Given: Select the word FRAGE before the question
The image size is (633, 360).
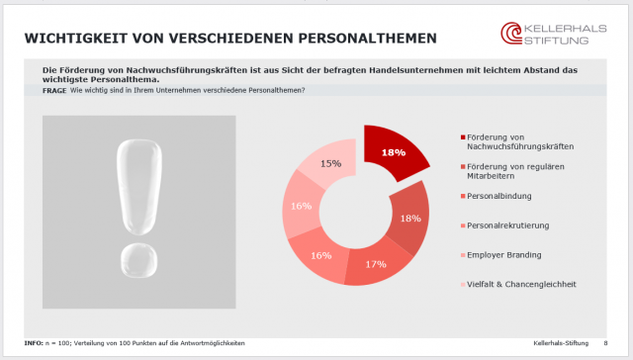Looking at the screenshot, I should [x=54, y=90].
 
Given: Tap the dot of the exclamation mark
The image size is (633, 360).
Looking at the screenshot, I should [x=138, y=262].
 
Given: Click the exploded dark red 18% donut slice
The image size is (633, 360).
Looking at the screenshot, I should [x=396, y=152].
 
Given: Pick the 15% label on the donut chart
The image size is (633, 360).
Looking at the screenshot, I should [x=330, y=163].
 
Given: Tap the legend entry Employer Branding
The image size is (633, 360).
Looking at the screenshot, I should [x=503, y=254].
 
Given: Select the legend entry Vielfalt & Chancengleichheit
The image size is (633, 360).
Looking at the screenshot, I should [x=522, y=284].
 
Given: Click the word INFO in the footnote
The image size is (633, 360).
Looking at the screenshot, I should [x=35, y=342].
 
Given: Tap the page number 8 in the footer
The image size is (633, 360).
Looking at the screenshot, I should [x=605, y=342].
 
